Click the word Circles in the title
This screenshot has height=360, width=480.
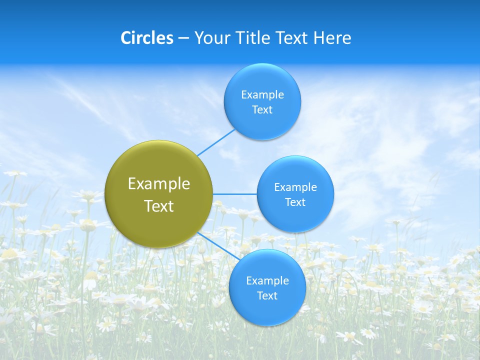coord(147,38)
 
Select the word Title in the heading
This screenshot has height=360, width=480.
coord(253,38)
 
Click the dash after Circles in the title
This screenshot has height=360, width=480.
coord(183,38)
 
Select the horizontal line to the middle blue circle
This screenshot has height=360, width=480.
coord(235,194)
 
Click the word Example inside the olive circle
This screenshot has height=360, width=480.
coord(159,184)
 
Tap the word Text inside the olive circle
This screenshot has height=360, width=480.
coord(159,206)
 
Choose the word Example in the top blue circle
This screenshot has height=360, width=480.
coord(262,95)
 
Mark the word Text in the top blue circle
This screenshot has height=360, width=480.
coord(262,110)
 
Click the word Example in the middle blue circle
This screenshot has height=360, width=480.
coord(295,187)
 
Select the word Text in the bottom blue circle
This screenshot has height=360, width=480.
coord(267,296)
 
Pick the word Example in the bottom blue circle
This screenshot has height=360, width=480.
coord(267,281)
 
